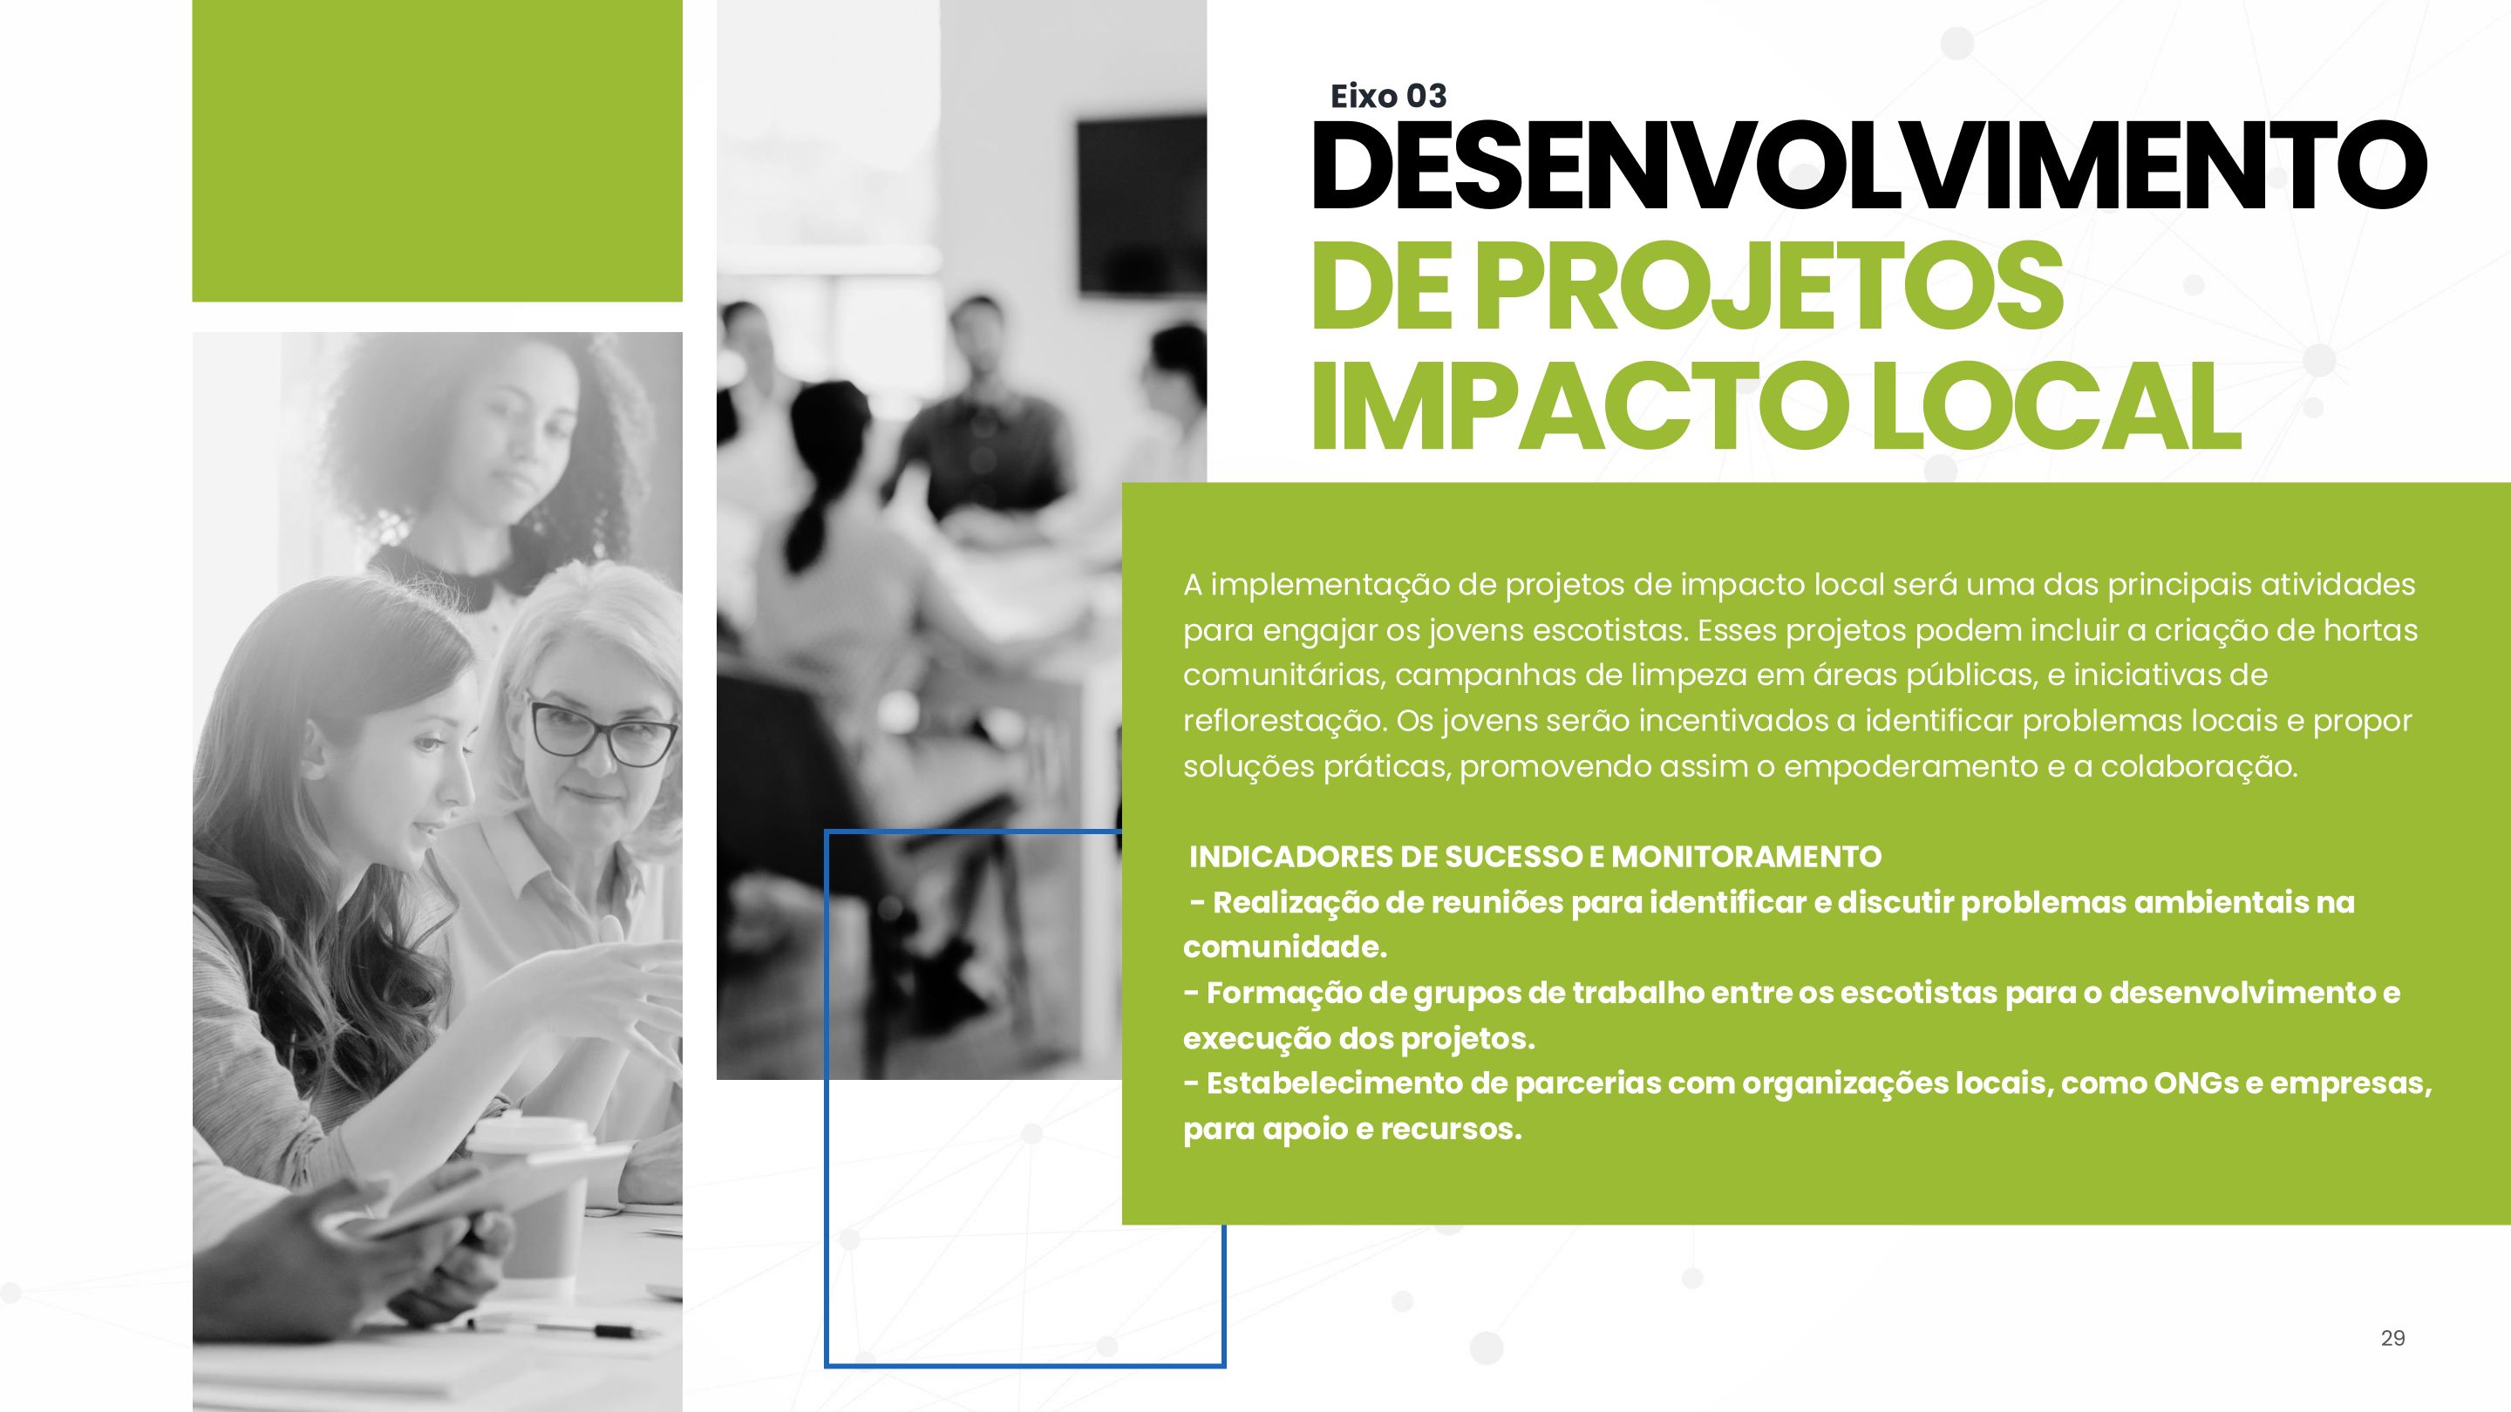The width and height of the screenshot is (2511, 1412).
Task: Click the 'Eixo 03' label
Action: pyautogui.click(x=1388, y=96)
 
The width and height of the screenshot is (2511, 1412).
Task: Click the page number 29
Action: pyautogui.click(x=2393, y=1338)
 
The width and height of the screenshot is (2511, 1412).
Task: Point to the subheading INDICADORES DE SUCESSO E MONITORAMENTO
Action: pyautogui.click(x=1535, y=857)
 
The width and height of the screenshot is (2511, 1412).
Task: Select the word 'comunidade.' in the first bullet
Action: pyautogui.click(x=1285, y=947)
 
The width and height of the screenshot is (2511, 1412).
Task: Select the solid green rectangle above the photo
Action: pyautogui.click(x=437, y=150)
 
